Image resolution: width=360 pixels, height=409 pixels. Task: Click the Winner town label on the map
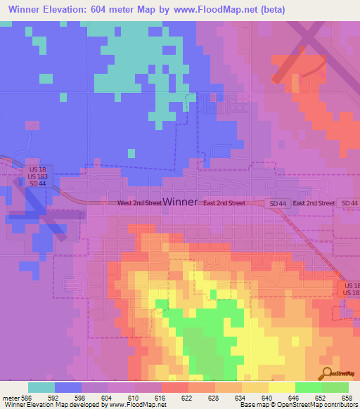180,202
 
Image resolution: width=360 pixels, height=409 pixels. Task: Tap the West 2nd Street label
139,203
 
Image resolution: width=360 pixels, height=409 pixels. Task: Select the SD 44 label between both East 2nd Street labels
278,203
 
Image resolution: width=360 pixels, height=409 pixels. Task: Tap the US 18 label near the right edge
349,285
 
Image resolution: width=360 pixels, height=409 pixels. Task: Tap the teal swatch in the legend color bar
41,387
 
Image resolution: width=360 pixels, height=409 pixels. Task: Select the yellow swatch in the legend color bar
282,387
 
